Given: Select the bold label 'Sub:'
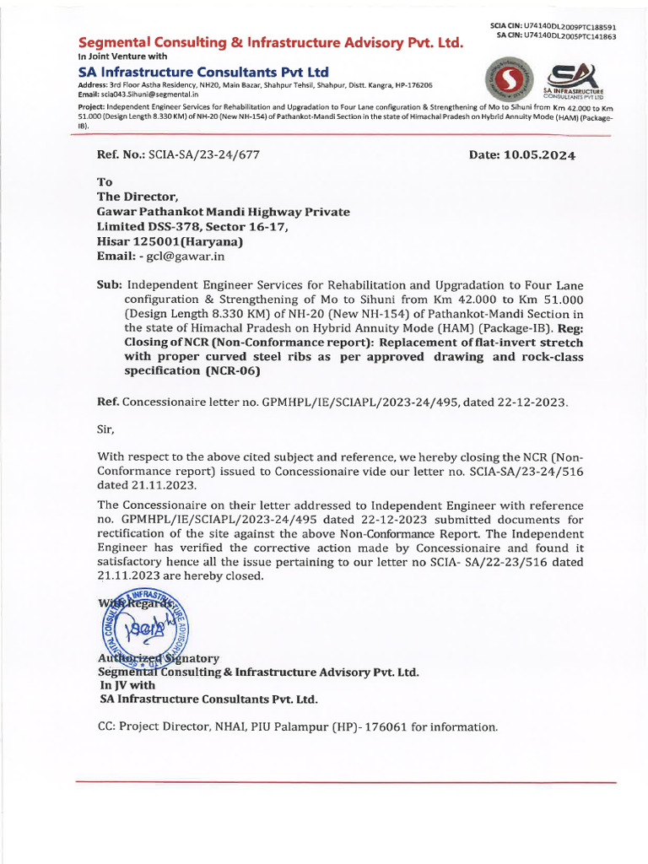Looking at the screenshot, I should click(x=110, y=285).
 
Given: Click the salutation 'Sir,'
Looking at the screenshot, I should click(x=109, y=429).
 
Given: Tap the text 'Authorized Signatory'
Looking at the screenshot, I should click(x=159, y=657).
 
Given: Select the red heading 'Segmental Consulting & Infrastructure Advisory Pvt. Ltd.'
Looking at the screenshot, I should click(x=270, y=42).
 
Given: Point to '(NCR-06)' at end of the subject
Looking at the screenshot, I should click(x=213, y=370).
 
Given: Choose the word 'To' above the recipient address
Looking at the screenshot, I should click(x=105, y=181).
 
